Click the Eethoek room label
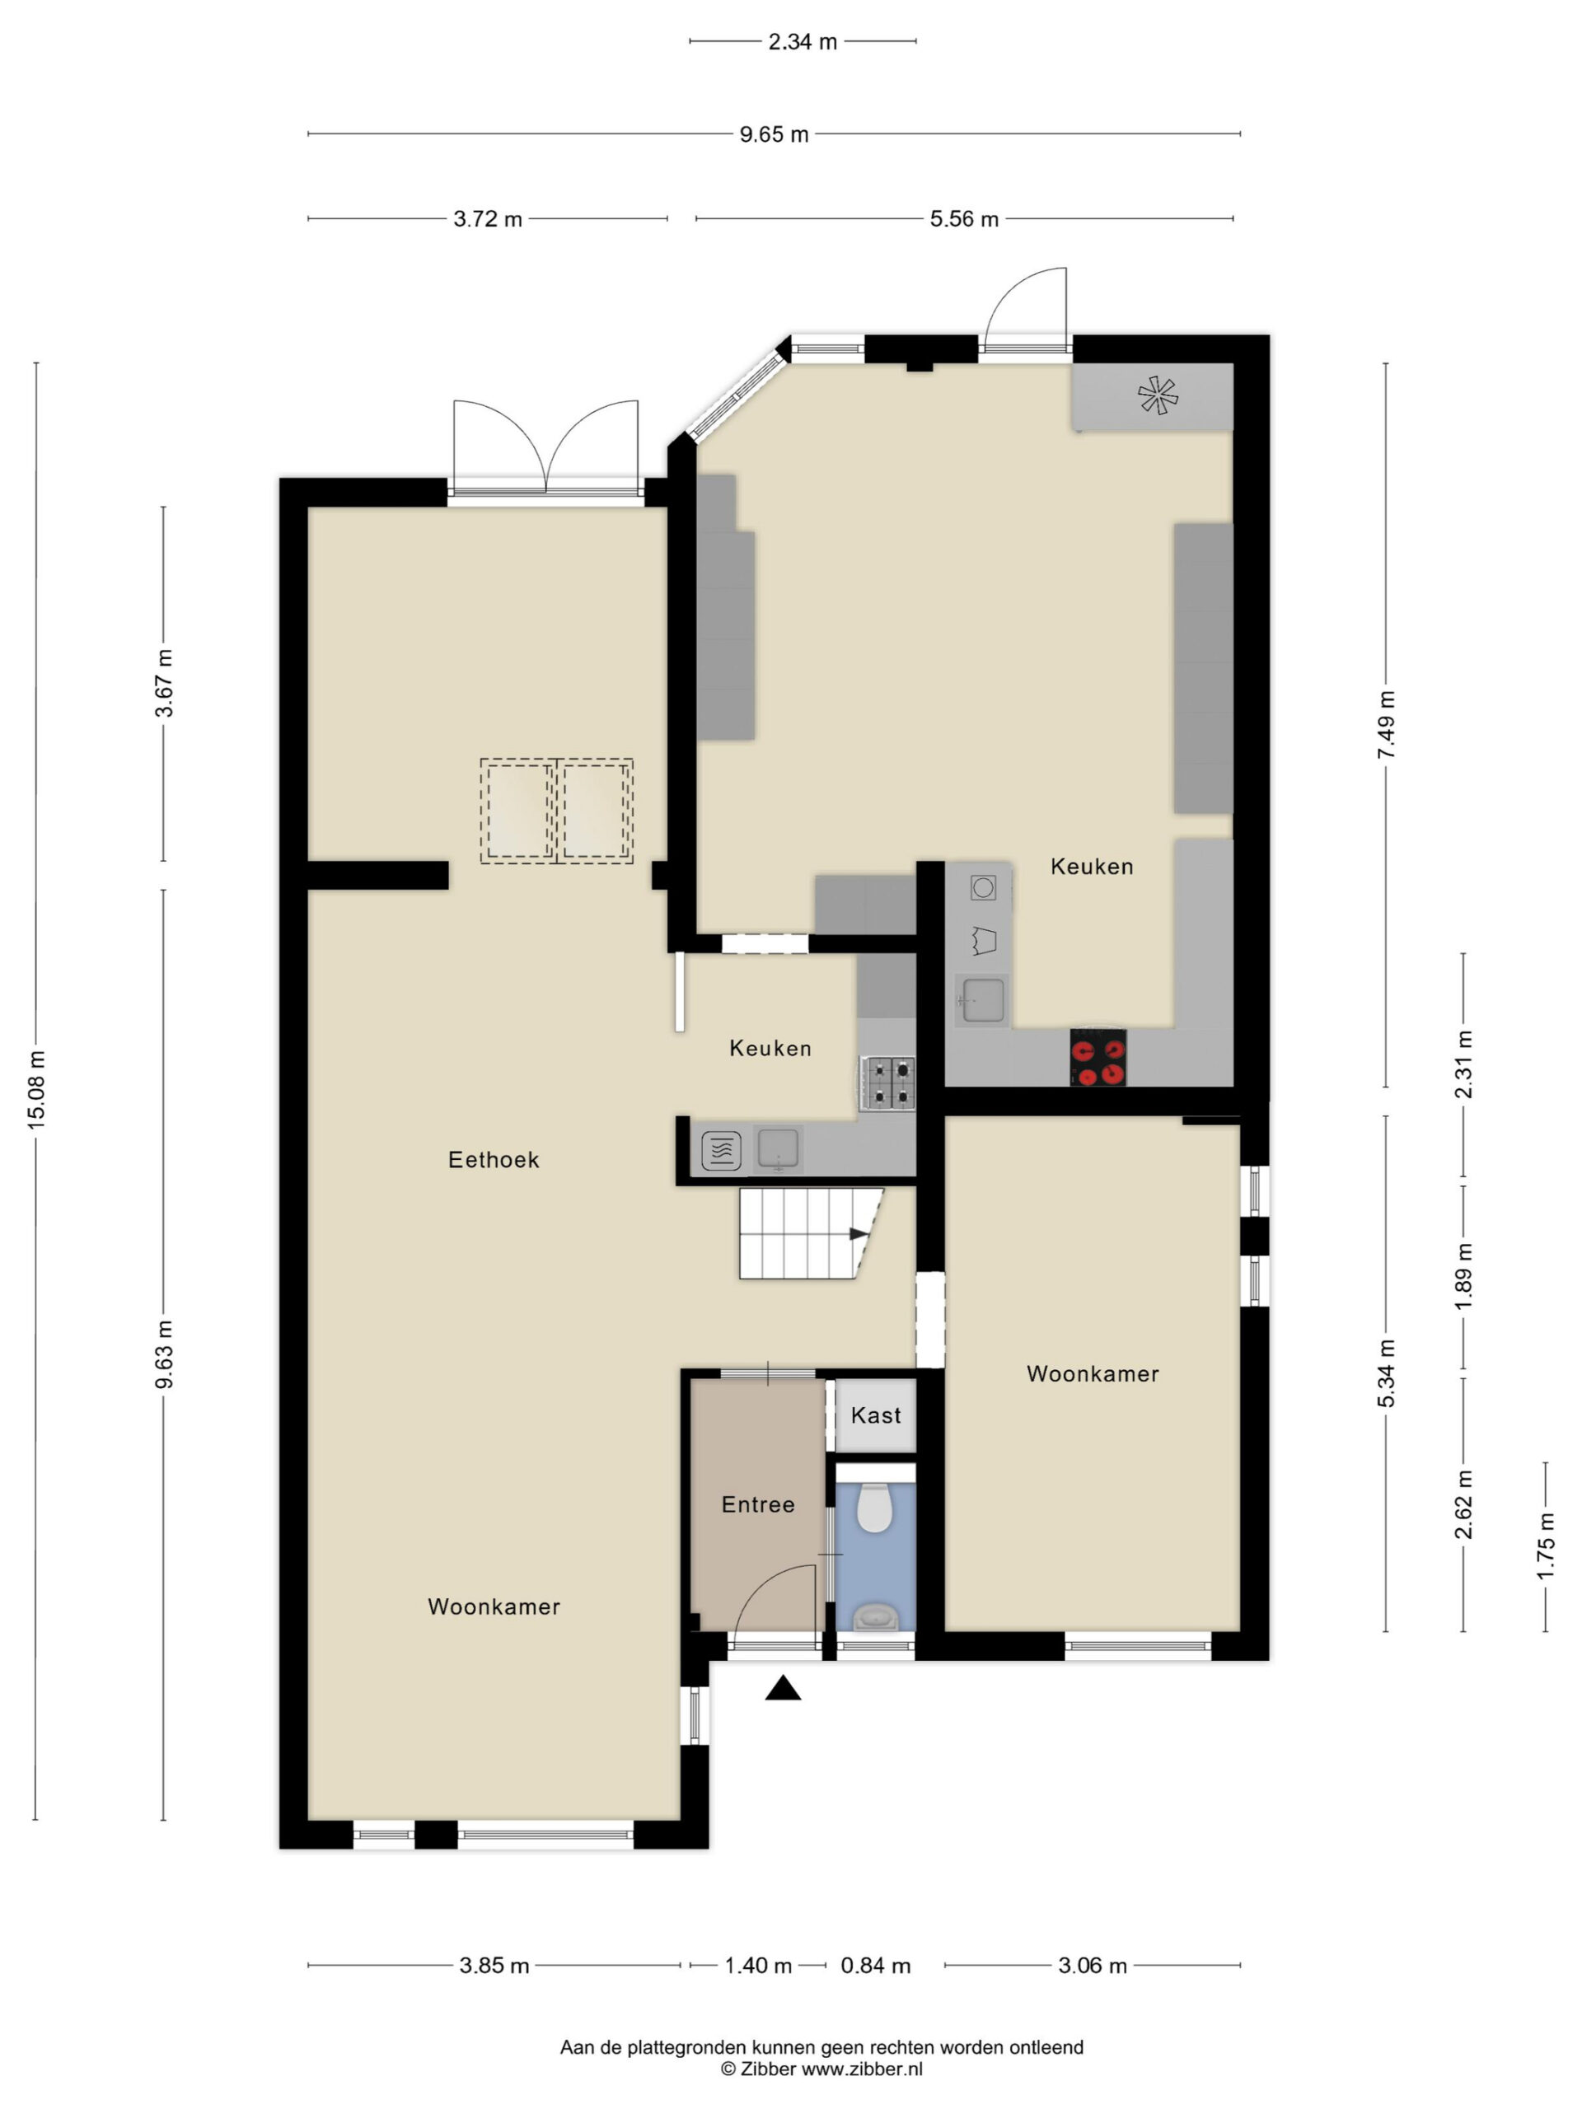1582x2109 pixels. pos(493,1159)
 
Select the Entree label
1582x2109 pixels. pos(758,1504)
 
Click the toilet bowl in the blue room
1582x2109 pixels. pos(873,1507)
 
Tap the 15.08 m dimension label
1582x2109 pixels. pos(36,1090)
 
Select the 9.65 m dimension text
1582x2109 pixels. pos(775,134)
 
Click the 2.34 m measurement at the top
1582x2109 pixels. pos(803,42)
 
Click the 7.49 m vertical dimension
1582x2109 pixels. pos(1387,725)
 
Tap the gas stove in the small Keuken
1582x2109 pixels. pos(887,1083)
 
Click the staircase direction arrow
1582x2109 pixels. pos(859,1234)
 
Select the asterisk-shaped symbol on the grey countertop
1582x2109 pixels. pos(1158,395)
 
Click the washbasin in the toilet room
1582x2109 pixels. pos(875,1616)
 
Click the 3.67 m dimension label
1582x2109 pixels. pos(164,683)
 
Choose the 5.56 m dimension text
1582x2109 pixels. pos(964,219)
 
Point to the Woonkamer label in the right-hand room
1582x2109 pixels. pos(1093,1374)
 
